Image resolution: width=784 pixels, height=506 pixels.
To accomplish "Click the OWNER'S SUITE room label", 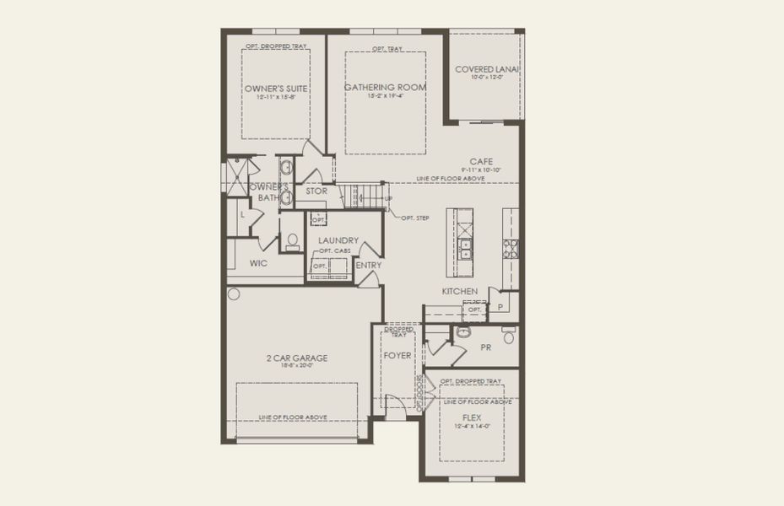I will click(x=275, y=88).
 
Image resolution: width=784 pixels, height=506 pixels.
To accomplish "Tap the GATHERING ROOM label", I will click(x=385, y=87).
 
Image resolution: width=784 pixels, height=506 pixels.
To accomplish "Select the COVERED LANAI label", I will click(x=487, y=69).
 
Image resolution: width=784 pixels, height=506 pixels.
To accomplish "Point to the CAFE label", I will click(x=482, y=161).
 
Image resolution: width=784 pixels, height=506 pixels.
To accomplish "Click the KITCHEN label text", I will click(x=460, y=291).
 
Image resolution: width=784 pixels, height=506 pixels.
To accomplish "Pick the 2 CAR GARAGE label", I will click(x=294, y=358).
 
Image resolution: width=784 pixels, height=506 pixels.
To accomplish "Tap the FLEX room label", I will click(x=471, y=417).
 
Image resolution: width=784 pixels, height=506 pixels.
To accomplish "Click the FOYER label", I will click(x=397, y=356).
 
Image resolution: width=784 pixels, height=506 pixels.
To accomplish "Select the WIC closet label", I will click(x=258, y=263).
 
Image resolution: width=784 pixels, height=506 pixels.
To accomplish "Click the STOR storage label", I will click(x=316, y=191).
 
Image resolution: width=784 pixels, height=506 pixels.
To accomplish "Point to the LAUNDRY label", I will click(x=338, y=240).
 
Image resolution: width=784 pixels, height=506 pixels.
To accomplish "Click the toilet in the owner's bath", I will click(x=293, y=241).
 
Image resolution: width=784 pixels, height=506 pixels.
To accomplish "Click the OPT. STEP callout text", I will click(x=415, y=218).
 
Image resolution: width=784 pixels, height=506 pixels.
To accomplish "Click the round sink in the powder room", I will click(x=462, y=332).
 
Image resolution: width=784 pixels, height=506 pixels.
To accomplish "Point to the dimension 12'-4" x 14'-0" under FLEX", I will click(x=471, y=426).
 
